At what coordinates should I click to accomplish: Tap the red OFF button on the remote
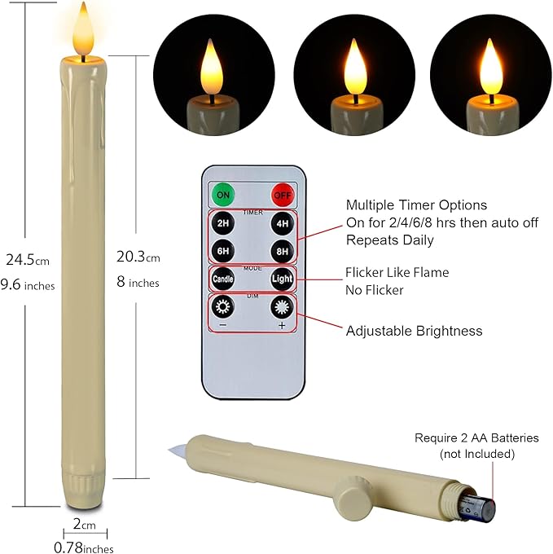(x=281, y=196)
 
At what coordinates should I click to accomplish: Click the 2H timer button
(x=223, y=223)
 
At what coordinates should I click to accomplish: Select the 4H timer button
(x=281, y=223)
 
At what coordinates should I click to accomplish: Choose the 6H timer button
(x=223, y=250)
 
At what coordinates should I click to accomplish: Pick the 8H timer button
(x=281, y=250)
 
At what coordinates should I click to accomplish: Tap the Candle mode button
(x=223, y=279)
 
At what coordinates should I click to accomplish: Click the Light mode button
(x=281, y=279)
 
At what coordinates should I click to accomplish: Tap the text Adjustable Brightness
(x=414, y=331)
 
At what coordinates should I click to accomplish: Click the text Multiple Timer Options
(x=416, y=205)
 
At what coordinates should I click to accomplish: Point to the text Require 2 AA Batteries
(x=476, y=438)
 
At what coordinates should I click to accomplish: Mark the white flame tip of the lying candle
(x=177, y=448)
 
